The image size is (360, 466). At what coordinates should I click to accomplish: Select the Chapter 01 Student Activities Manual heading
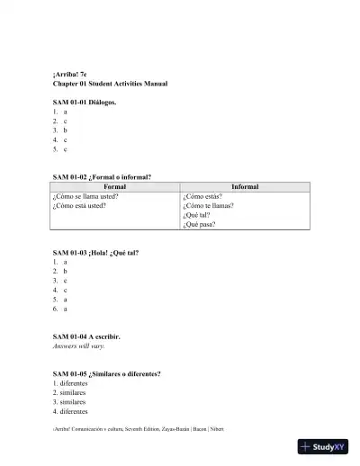pyautogui.click(x=110, y=84)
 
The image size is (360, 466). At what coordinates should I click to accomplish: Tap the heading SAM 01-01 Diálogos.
pyautogui.click(x=85, y=103)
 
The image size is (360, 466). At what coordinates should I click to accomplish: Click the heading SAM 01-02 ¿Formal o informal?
pyautogui.click(x=102, y=177)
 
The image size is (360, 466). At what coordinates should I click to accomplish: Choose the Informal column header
pyautogui.click(x=245, y=186)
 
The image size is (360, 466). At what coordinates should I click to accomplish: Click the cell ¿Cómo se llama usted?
pyautogui.click(x=86, y=195)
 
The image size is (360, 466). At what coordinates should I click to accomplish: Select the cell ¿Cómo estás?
pyautogui.click(x=202, y=195)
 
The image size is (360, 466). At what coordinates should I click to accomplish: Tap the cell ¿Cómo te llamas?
pyautogui.click(x=209, y=205)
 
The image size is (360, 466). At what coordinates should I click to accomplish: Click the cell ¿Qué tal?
pyautogui.click(x=196, y=215)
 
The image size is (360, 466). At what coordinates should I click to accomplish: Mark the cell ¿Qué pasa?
pyautogui.click(x=199, y=225)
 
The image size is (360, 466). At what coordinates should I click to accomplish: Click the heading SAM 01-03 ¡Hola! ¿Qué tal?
pyautogui.click(x=95, y=253)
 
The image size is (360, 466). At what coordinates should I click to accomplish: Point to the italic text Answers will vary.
pyautogui.click(x=78, y=346)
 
